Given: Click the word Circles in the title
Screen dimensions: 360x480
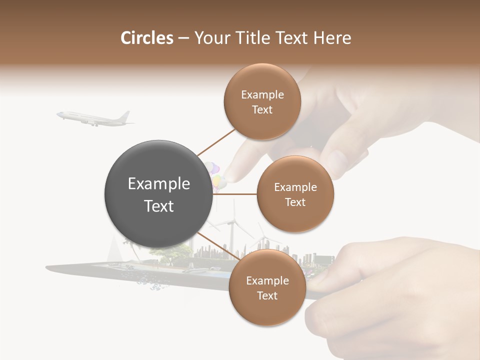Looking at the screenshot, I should (x=147, y=38).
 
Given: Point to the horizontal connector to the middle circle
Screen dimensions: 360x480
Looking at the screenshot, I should (x=235, y=194).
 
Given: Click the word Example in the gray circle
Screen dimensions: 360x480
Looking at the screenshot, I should (x=159, y=184).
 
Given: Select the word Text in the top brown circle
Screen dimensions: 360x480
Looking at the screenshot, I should (x=262, y=110).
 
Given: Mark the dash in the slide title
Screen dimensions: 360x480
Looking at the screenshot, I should (x=183, y=38).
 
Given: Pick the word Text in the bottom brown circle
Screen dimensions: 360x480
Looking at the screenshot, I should (x=267, y=296).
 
